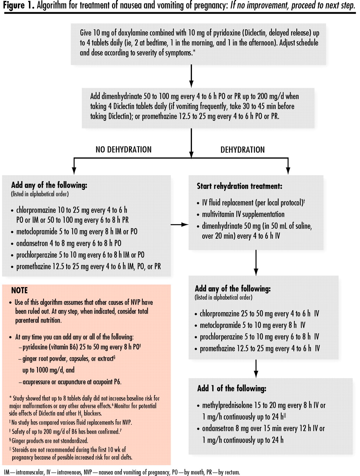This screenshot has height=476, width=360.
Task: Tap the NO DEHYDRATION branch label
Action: [x=123, y=149]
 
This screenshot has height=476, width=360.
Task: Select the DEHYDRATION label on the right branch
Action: [x=242, y=149]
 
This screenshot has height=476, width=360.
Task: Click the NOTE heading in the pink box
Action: [x=19, y=290]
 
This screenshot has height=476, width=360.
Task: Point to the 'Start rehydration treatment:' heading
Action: [x=240, y=186]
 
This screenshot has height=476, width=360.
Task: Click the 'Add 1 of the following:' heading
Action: [x=232, y=389]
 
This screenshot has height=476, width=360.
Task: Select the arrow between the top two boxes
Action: [x=191, y=76]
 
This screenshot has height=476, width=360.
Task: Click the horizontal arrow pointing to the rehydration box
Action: [x=179, y=225]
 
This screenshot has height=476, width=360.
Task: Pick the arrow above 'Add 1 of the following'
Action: [x=256, y=369]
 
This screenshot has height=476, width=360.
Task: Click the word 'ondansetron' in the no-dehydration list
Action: [x=32, y=243]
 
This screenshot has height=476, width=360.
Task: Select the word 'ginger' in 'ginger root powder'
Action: [x=29, y=359]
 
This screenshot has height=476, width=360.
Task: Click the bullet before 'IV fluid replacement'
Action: [x=198, y=203]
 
